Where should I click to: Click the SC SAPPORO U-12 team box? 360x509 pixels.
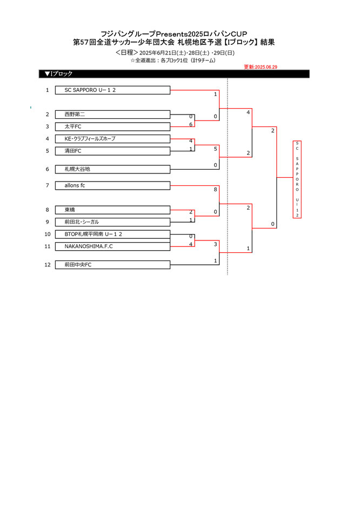click(113, 90)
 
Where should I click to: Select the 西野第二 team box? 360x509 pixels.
click(113, 115)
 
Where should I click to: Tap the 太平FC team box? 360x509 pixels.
click(113, 126)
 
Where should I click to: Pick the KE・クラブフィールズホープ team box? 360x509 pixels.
click(113, 139)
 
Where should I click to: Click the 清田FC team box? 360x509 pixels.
click(113, 151)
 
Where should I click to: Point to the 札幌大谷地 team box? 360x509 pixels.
click(113, 169)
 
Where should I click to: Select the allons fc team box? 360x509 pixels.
click(113, 185)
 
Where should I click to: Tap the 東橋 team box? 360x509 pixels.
click(113, 210)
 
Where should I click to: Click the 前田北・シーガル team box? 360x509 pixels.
click(113, 222)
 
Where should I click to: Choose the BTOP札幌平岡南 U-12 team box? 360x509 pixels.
click(113, 234)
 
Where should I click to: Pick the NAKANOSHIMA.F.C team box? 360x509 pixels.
click(113, 246)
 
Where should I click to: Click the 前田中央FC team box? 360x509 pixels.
click(113, 265)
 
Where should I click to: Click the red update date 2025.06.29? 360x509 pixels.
click(261, 67)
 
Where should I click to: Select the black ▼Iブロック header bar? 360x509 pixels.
click(174, 74)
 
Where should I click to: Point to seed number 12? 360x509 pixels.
click(48, 265)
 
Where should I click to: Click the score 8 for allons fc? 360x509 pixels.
click(215, 190)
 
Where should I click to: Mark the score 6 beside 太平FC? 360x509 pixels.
click(191, 124)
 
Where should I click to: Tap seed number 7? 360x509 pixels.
click(48, 185)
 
